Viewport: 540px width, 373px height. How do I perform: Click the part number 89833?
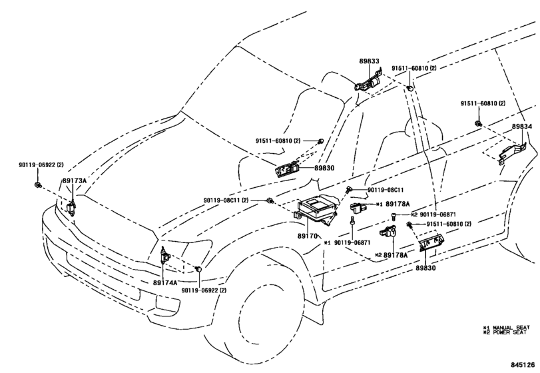pyautogui.click(x=370, y=61)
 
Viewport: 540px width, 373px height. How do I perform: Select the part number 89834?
pyautogui.click(x=522, y=127)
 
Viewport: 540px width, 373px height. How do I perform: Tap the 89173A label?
pyautogui.click(x=74, y=181)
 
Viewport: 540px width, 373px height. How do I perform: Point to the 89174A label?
pyautogui.click(x=165, y=282)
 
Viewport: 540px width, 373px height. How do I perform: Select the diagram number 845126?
pyautogui.click(x=523, y=364)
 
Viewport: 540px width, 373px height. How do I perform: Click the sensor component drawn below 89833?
pyautogui.click(x=368, y=83)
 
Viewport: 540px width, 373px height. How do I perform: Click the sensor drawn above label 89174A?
pyautogui.click(x=164, y=256)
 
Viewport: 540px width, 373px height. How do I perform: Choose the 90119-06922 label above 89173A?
pyautogui.click(x=40, y=164)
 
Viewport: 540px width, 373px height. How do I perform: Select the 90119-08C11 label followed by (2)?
pyautogui.click(x=226, y=200)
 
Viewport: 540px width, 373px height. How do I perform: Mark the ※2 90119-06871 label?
pyautogui.click(x=433, y=214)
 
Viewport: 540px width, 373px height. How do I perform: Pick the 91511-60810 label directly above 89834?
pyautogui.click(x=483, y=104)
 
